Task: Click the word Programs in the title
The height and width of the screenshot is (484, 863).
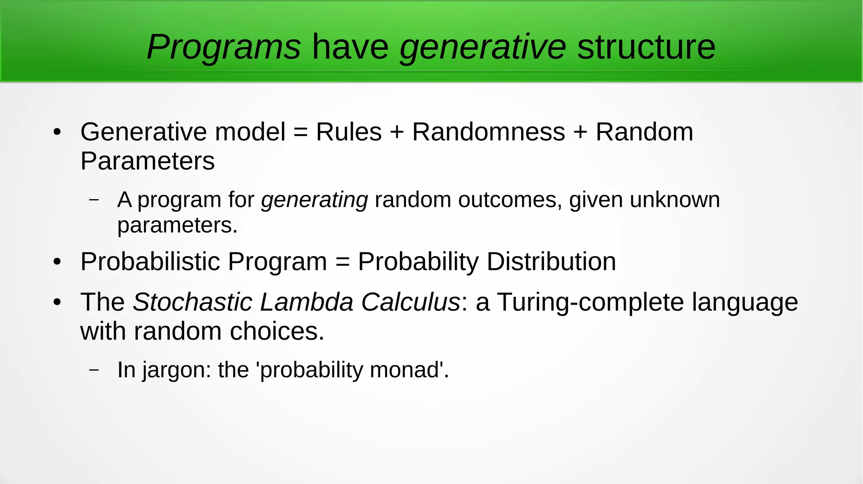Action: [223, 47]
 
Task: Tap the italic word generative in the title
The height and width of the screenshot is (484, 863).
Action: [482, 47]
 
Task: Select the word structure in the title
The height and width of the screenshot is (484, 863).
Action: [646, 47]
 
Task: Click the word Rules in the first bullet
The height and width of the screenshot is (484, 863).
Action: [348, 132]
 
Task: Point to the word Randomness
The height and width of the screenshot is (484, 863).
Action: [488, 132]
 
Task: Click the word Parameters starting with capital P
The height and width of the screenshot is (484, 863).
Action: [147, 161]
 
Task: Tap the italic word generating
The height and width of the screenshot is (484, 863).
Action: [314, 199]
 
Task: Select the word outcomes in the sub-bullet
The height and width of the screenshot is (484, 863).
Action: [510, 199]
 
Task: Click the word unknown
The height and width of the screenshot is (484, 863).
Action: [675, 199]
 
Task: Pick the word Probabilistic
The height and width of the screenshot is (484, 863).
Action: [150, 261]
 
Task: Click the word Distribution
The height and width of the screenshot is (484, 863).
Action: [551, 261]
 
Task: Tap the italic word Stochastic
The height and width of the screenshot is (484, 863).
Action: [193, 302]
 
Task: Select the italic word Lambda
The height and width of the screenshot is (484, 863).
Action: [306, 302]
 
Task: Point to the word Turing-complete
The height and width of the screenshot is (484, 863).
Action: [590, 302]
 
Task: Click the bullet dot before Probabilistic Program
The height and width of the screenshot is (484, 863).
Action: [57, 262]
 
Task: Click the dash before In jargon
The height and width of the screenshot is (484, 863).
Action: [94, 370]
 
